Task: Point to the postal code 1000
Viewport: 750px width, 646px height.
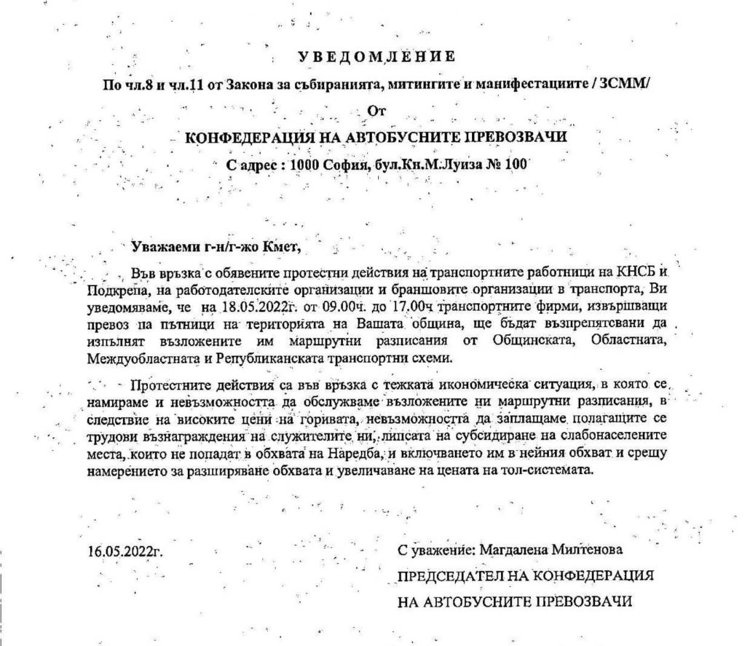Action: pyautogui.click(x=302, y=165)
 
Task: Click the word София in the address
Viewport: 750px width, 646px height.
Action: pyautogui.click(x=344, y=165)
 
